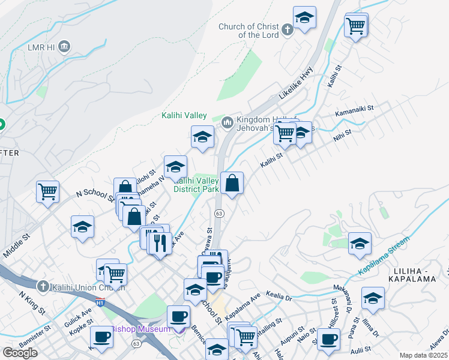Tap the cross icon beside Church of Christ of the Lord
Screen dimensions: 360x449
pyautogui.click(x=287, y=29)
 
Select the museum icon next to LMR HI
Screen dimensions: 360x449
pyautogui.click(x=65, y=46)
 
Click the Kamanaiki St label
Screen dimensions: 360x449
pyautogui.click(x=354, y=110)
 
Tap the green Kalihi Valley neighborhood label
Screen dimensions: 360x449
pyautogui.click(x=184, y=116)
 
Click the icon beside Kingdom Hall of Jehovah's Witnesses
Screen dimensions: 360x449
pyautogui.click(x=228, y=123)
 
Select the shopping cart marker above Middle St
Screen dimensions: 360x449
pyautogui.click(x=47, y=192)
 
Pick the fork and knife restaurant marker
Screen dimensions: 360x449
pyautogui.click(x=160, y=243)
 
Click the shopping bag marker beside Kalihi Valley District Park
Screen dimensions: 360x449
pyautogui.click(x=232, y=183)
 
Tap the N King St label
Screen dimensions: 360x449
pyautogui.click(x=32, y=303)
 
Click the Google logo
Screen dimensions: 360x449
pyautogui.click(x=20, y=353)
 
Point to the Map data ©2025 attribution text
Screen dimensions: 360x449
pyautogui.click(x=423, y=355)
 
